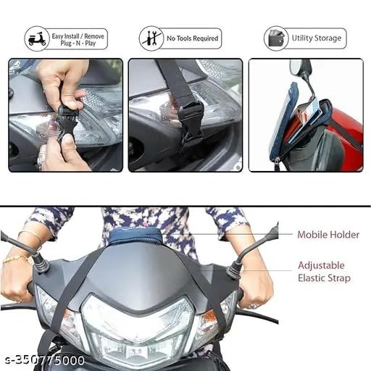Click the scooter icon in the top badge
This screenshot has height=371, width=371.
(37, 39)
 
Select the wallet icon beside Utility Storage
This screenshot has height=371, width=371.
(276, 38)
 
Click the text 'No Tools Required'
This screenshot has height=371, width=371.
(192, 38)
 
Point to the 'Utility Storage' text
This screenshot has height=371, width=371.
(317, 38)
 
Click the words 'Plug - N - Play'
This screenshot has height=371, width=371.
(78, 43)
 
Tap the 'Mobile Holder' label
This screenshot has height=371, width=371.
(328, 235)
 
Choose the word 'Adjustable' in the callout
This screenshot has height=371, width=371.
(321, 265)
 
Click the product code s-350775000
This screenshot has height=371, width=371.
(45, 361)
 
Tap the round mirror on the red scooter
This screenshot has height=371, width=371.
(295, 67)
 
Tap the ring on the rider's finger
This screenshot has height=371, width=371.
(252, 305)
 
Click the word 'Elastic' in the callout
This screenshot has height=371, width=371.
(312, 278)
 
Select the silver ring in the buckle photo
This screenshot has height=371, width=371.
(41, 157)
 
